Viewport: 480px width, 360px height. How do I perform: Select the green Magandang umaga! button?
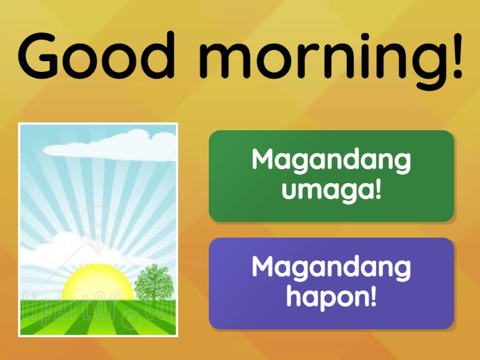click(x=331, y=176)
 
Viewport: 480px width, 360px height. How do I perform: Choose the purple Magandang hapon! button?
click(x=331, y=283)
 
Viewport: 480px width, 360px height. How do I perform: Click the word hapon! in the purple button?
click(x=331, y=298)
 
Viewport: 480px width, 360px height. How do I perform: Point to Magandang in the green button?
click(x=331, y=160)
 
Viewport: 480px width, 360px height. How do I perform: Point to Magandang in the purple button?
click(x=331, y=267)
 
